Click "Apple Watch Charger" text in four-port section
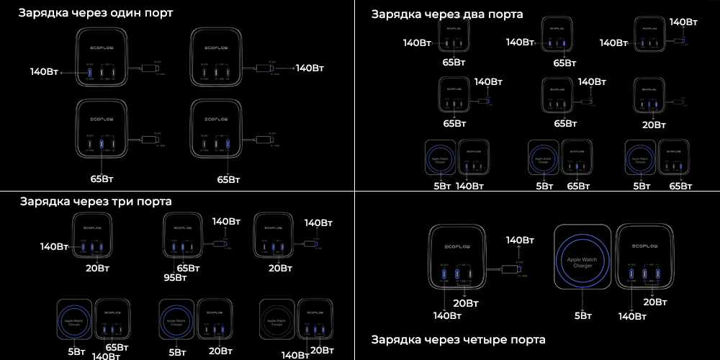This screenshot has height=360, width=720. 583,263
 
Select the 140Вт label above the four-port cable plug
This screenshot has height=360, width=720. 520,240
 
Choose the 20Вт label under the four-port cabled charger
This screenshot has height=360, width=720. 465,302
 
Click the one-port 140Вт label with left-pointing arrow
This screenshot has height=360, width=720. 44,72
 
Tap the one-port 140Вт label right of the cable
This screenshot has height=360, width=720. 310,68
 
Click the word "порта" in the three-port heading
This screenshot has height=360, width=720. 156,201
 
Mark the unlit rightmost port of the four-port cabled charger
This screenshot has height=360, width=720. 470,274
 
